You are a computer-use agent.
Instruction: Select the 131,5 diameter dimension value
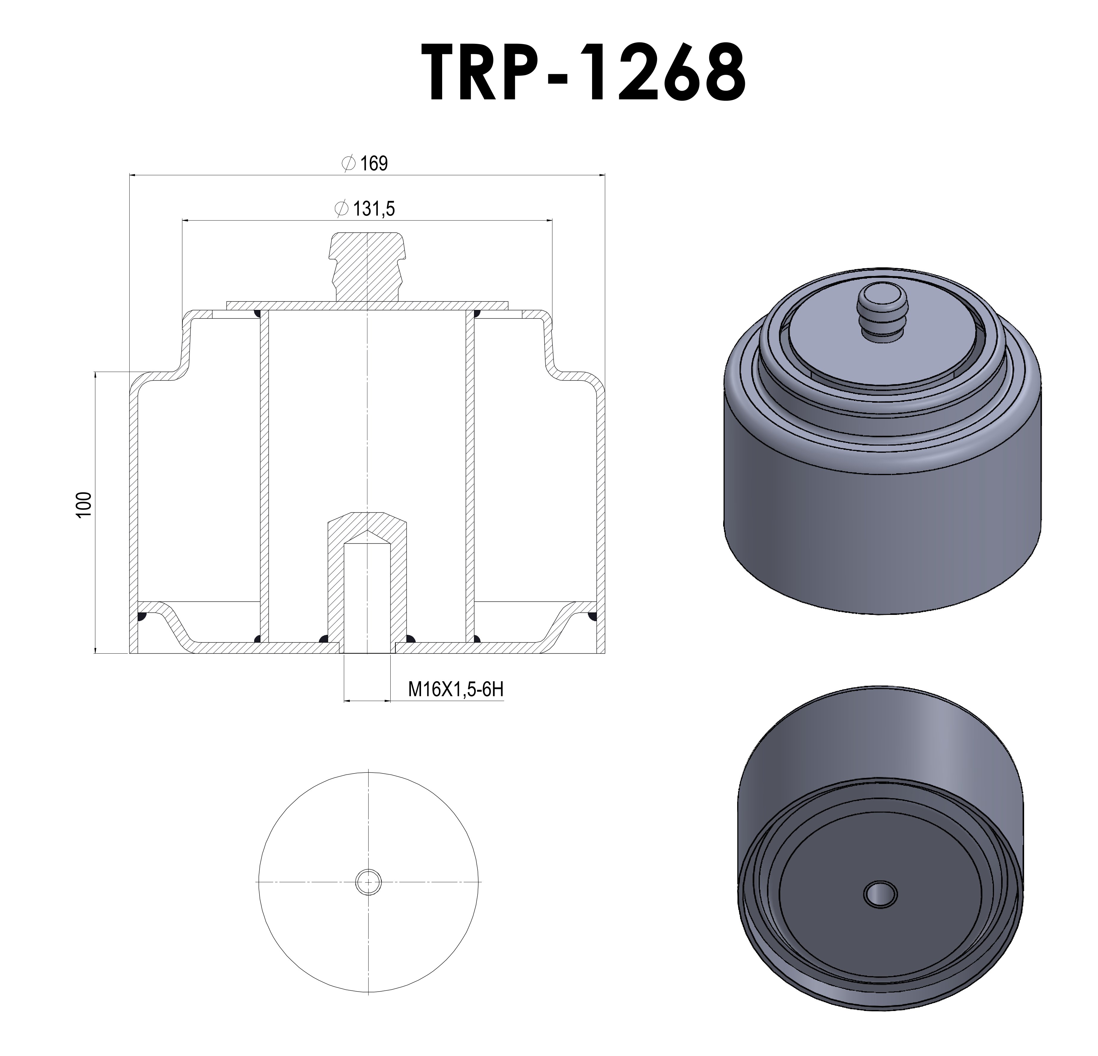[374, 209]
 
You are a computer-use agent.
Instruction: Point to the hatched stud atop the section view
[366, 263]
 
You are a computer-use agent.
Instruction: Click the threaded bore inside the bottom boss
[366, 594]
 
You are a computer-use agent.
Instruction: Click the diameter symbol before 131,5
[340, 209]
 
